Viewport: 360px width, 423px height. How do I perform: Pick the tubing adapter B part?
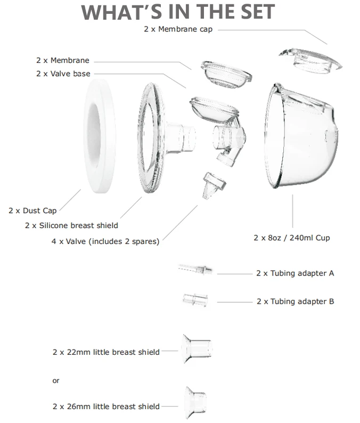195,299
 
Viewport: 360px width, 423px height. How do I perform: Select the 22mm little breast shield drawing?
197,349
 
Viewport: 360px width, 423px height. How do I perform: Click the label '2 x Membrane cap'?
178,29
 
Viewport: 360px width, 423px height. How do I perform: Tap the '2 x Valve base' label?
63,74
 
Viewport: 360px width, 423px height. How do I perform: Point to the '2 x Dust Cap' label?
32,210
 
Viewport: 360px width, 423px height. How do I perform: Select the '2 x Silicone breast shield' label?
71,225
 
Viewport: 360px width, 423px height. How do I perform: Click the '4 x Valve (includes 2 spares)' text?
105,241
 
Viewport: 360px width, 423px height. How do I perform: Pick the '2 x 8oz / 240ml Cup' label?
291,238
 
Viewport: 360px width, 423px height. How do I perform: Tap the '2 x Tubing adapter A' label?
295,273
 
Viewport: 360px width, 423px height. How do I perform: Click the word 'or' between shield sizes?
56,380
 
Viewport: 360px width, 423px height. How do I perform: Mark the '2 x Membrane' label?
63,61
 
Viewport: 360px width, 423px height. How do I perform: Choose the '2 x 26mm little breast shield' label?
106,406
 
